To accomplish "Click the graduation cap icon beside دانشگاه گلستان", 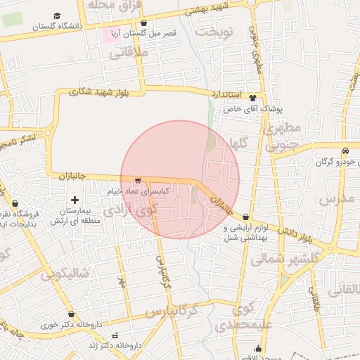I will coord(57,15).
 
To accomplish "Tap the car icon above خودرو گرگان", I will coord(345,151).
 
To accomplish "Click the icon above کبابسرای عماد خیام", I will coord(138,180).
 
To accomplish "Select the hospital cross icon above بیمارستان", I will coord(75,201).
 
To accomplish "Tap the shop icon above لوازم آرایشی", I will coord(245,217).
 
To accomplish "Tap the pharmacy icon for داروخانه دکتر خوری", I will coord(71,314).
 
